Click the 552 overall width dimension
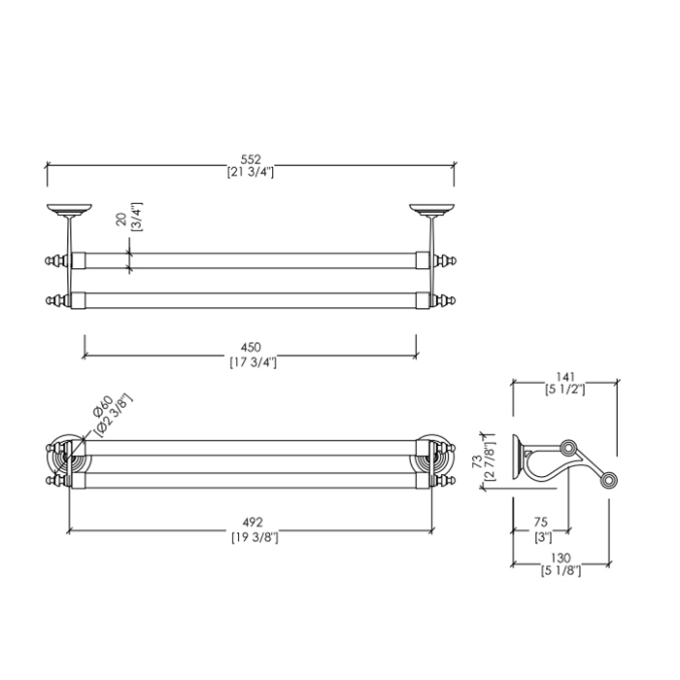click(251, 159)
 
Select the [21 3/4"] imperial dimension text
click(251, 173)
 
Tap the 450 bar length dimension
click(251, 348)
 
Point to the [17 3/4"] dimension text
click(251, 362)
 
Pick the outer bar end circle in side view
click(607, 480)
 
